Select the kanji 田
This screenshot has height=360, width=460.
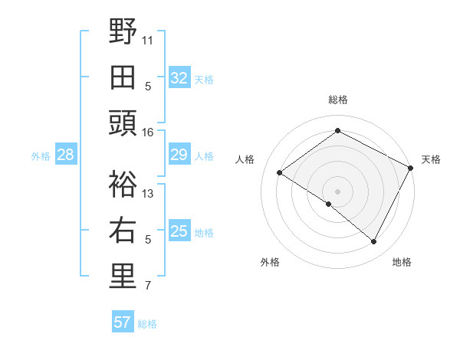click(x=123, y=77)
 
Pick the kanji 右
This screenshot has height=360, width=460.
click(x=123, y=231)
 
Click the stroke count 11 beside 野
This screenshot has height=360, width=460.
click(x=148, y=39)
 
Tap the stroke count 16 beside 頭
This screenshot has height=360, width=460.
click(x=148, y=133)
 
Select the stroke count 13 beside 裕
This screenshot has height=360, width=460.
click(x=148, y=193)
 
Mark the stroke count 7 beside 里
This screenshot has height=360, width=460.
click(x=148, y=286)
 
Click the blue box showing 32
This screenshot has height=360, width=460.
click(x=179, y=78)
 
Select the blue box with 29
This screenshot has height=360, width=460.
click(x=179, y=155)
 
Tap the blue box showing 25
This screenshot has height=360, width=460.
click(x=179, y=231)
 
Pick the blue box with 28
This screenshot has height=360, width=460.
click(x=66, y=155)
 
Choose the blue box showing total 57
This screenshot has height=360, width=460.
click(x=123, y=322)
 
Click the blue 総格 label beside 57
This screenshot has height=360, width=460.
click(x=147, y=324)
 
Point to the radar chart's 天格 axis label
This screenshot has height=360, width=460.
click(x=431, y=159)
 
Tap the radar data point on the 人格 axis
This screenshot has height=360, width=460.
click(x=279, y=173)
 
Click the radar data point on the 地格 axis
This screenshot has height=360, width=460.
click(x=374, y=242)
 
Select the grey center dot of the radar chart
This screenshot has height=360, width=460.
click(x=337, y=191)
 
